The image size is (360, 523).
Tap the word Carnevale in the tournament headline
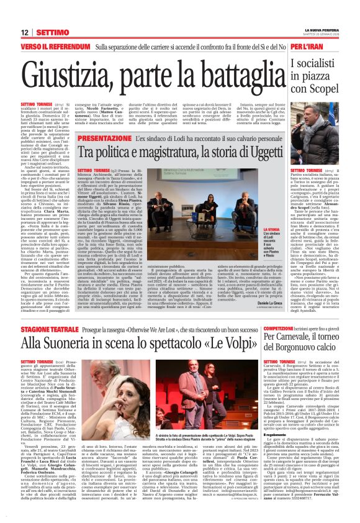(x=299, y=337)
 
